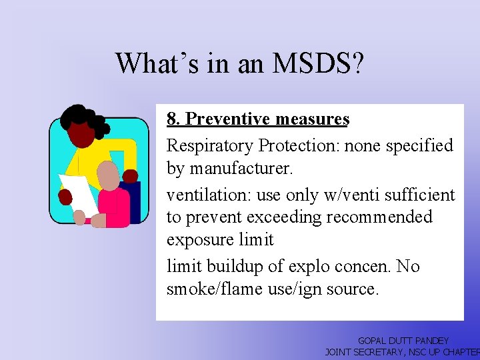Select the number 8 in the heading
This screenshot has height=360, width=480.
(x=172, y=119)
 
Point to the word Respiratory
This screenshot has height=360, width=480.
(x=209, y=145)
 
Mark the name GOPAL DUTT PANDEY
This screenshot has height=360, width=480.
(x=403, y=341)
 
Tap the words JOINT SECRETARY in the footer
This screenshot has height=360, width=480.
(x=364, y=352)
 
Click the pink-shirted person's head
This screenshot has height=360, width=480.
(x=109, y=175)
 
